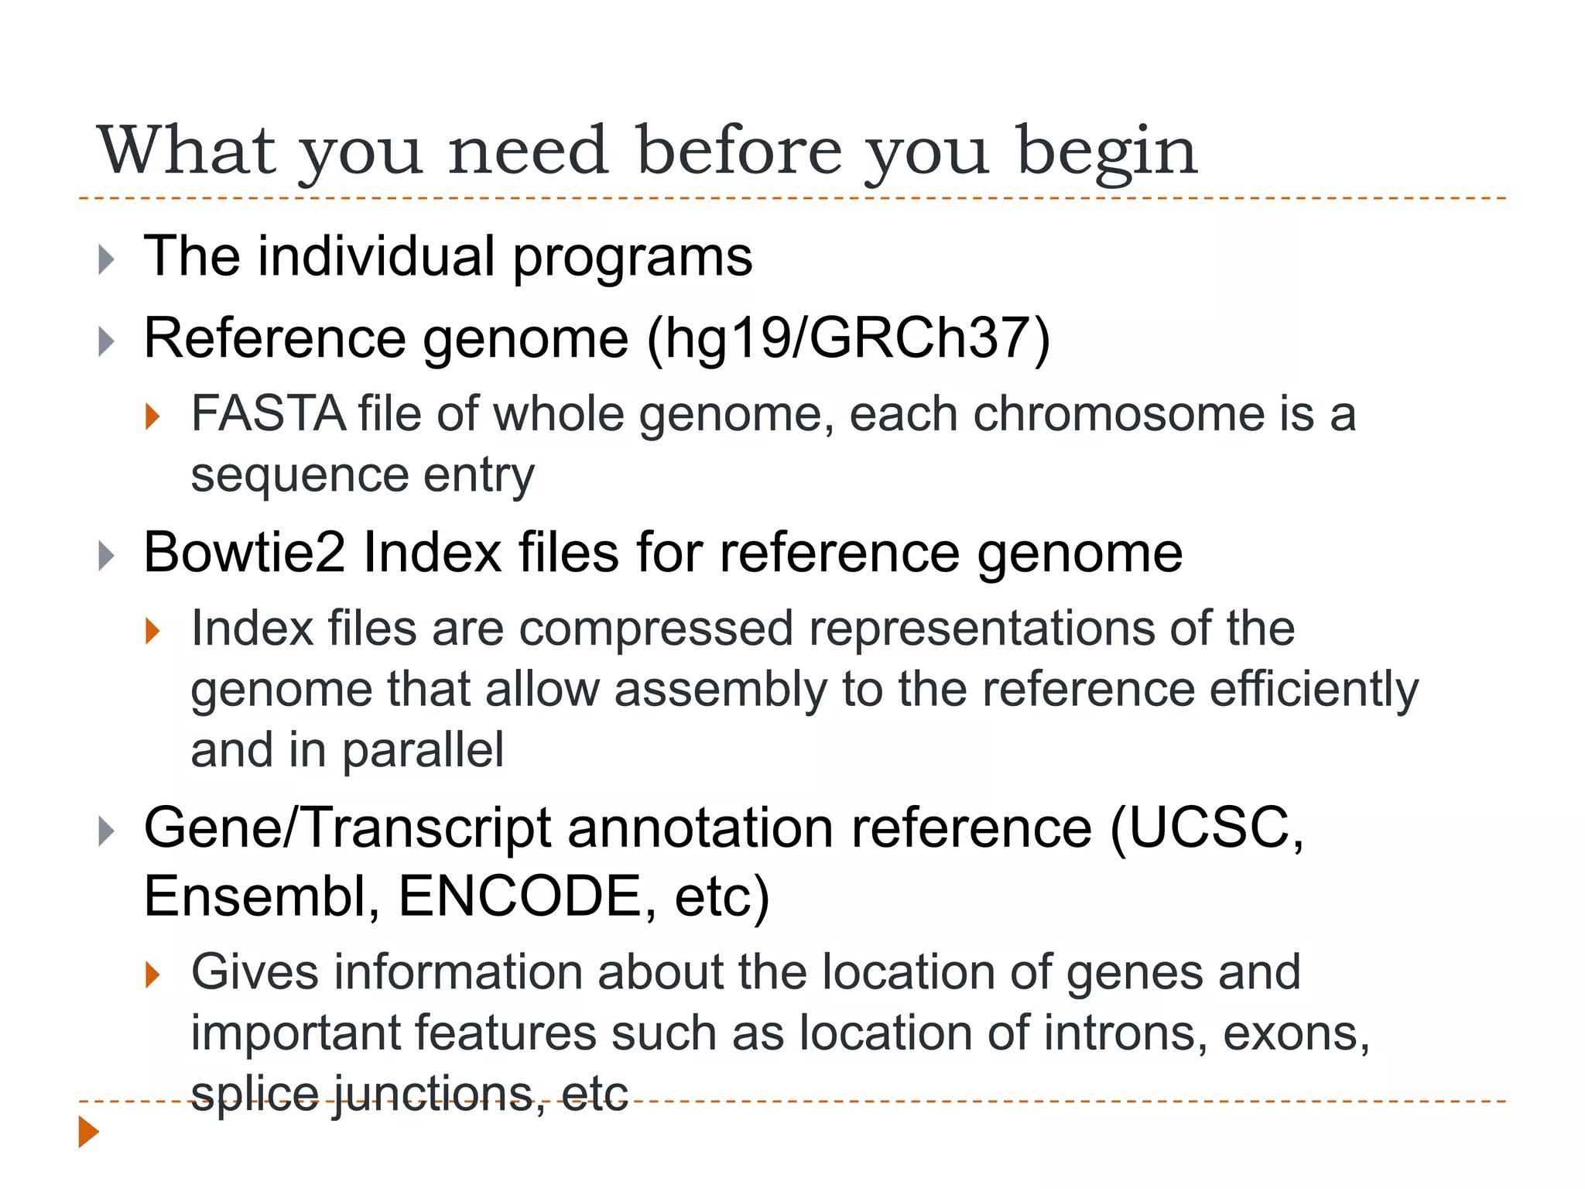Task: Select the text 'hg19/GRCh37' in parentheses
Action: pyautogui.click(x=848, y=338)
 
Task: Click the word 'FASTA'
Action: pyautogui.click(x=268, y=413)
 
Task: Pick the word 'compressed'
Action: pyautogui.click(x=656, y=628)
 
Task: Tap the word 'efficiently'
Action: pyautogui.click(x=1313, y=689)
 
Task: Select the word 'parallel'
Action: pyautogui.click(x=423, y=750)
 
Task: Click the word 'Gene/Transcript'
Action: pyautogui.click(x=347, y=828)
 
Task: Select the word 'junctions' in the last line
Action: pyautogui.click(x=433, y=1095)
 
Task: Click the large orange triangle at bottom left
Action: pyautogui.click(x=88, y=1132)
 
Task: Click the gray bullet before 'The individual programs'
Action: pyautogui.click(x=106, y=259)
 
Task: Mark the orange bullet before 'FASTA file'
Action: pyautogui.click(x=152, y=416)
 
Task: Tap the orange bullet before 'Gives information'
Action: pyautogui.click(x=152, y=974)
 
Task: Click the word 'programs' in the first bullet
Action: pyautogui.click(x=632, y=257)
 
